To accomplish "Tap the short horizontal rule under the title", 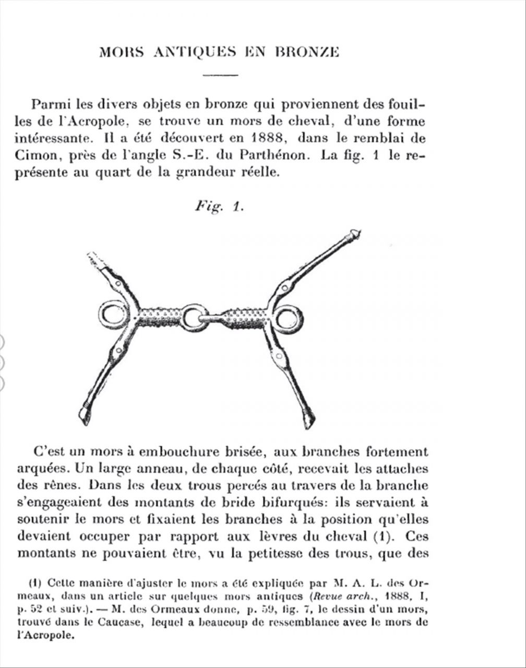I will pos(220,76).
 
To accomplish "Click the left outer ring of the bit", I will pos(113,315).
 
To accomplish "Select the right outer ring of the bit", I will pos(288,318).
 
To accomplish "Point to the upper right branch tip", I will pos(355,235).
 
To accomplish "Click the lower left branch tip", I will pos(85,415).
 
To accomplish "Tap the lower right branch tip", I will pos(309,419).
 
